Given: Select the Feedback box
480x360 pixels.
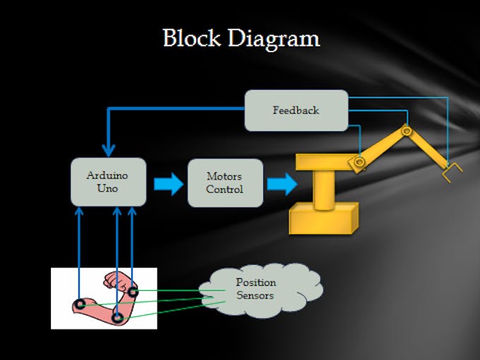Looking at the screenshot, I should point(296,110).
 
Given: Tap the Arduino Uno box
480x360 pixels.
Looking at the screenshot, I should point(109,182).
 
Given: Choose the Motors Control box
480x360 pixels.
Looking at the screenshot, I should point(225,183).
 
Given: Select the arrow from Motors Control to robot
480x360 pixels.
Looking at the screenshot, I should point(281,184).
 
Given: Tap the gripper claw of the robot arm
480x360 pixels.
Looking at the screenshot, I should point(450,171).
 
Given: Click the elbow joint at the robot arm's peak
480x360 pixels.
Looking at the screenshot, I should point(406,131).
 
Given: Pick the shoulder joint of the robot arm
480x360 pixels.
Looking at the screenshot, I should point(360,163).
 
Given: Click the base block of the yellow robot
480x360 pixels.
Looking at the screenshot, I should point(323,217).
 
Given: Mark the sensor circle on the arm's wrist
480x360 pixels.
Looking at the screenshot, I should point(133,292).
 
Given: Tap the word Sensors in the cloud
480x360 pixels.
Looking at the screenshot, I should point(255,295).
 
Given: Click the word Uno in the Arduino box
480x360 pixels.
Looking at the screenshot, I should point(107,188).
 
